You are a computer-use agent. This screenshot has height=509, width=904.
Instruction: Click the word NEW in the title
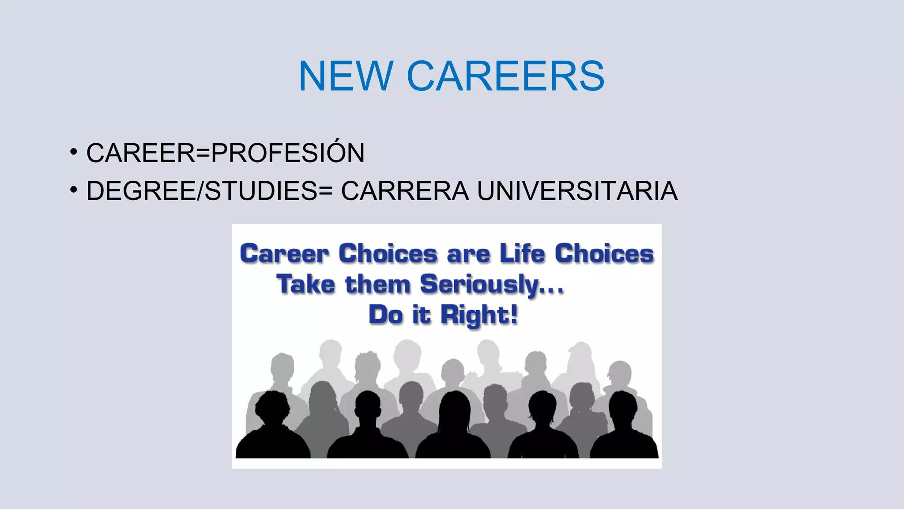tap(346, 76)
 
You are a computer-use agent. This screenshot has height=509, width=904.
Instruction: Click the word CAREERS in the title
tap(505, 76)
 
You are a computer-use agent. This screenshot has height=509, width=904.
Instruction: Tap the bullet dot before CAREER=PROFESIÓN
tap(74, 152)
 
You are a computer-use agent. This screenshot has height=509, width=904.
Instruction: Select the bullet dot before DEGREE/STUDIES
tap(74, 190)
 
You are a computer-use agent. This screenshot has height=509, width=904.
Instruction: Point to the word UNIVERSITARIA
tap(577, 191)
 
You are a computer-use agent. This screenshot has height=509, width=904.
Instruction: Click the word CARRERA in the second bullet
tap(405, 191)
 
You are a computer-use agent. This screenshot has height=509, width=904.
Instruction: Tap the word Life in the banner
tap(522, 254)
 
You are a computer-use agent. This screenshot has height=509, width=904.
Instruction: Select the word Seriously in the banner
tap(479, 284)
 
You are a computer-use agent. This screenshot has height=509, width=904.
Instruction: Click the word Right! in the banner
tap(479, 315)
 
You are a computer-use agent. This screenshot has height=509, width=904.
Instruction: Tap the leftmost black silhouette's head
tap(272, 406)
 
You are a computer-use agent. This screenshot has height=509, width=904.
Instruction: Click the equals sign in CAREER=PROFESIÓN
tap(203, 153)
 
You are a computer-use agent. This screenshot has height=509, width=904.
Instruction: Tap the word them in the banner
tap(378, 284)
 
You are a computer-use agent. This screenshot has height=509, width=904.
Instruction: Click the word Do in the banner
tap(386, 315)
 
